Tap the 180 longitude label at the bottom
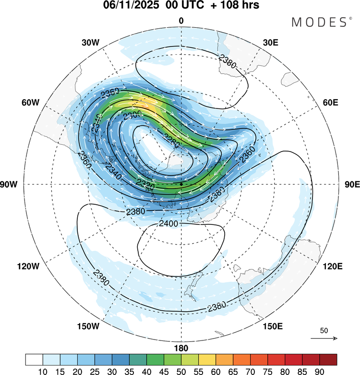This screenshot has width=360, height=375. tap(181, 348)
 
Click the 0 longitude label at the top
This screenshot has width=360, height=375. tap(181, 21)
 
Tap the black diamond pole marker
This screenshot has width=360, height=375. tap(181, 184)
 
